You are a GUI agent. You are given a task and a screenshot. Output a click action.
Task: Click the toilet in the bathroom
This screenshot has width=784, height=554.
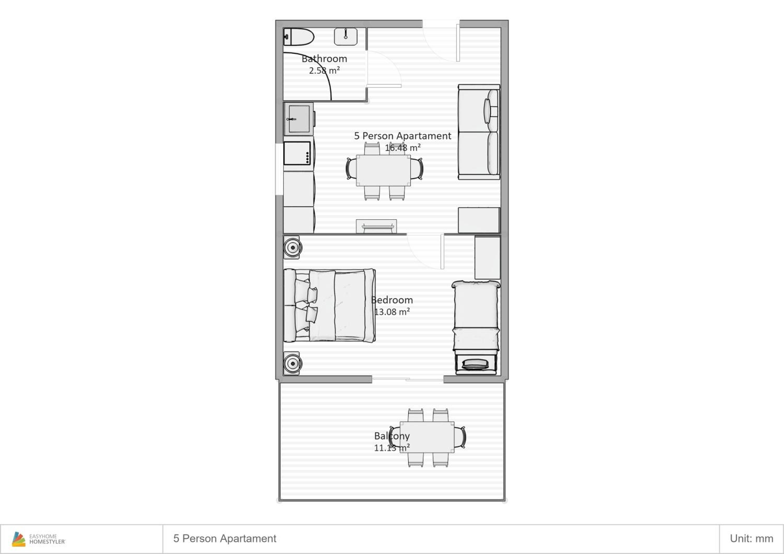coord(299,37)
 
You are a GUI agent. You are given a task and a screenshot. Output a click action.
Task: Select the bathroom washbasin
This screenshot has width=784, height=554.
coord(345,37)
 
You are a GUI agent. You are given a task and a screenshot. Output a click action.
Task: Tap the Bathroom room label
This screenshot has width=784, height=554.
coord(324,59)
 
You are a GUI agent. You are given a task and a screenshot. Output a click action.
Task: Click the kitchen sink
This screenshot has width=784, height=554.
coord(299,119)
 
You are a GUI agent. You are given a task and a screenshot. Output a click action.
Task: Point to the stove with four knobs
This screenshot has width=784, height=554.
coord(297,154)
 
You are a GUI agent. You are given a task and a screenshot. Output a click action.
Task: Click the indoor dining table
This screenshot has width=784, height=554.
coord(383,170)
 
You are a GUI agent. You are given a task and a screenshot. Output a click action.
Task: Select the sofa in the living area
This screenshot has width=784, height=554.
coord(479,132)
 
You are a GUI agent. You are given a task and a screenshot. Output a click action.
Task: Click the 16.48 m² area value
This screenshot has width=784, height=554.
coord(403,148)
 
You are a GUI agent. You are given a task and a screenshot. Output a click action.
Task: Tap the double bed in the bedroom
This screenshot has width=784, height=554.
coord(330,305)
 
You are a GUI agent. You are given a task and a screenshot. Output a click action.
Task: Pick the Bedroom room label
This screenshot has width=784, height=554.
coord(392,300)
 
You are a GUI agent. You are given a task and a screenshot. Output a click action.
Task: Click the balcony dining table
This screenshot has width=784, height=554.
coord(427,437)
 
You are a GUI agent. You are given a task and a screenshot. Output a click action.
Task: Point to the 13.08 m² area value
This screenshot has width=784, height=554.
coord(392,312)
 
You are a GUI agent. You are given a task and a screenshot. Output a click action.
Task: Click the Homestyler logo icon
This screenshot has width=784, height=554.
coord(19,539)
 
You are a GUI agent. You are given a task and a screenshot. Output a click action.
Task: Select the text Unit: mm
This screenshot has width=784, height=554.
coord(752,539)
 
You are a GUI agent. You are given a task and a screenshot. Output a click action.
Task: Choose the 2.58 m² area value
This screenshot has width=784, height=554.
coord(324,70)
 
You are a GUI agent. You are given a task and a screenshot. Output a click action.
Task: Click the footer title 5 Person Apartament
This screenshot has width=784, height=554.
coord(225,539)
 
